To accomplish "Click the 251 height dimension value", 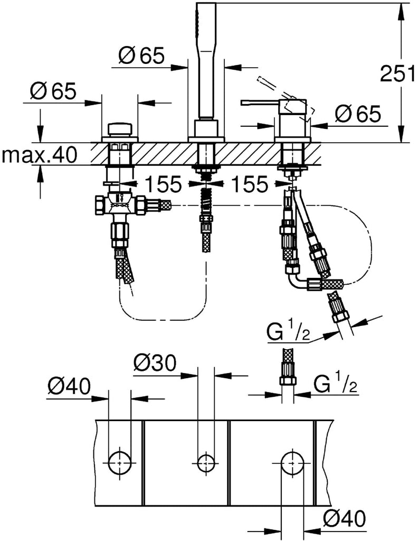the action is [x=397, y=73].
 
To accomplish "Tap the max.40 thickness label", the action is [x=39, y=155].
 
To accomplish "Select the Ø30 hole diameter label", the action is [x=154, y=363].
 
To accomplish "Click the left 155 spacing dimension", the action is [x=163, y=184].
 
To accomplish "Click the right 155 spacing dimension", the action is [x=250, y=184].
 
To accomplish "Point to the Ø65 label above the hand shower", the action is [x=141, y=55].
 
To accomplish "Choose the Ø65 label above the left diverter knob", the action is [x=52, y=91].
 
